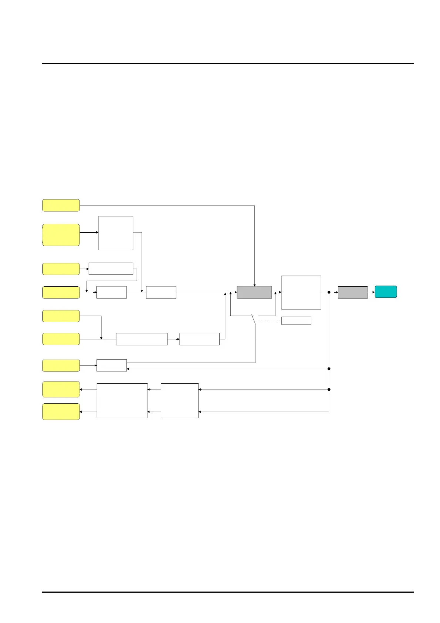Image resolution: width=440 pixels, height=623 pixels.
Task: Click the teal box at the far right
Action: (x=386, y=292)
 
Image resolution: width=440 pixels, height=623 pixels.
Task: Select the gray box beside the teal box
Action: (x=352, y=292)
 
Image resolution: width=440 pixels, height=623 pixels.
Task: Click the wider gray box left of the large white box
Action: (x=254, y=292)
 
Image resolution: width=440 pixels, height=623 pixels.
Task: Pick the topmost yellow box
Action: (x=61, y=205)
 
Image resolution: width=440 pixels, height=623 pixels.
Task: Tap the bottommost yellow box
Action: (x=61, y=412)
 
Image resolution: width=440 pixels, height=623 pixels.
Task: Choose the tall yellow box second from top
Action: (x=61, y=235)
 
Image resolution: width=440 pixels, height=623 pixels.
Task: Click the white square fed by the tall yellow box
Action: (x=115, y=233)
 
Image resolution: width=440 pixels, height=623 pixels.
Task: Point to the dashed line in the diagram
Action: (x=268, y=321)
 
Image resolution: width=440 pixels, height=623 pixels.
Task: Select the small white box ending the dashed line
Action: (x=296, y=321)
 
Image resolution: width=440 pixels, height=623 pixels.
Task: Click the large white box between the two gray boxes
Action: (x=301, y=292)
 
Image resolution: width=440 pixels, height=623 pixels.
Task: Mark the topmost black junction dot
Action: (x=329, y=292)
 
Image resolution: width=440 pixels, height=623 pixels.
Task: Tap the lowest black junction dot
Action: (x=329, y=390)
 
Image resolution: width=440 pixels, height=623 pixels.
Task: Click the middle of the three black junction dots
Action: (x=329, y=369)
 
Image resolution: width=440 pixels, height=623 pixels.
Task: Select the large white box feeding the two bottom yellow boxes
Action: (x=122, y=401)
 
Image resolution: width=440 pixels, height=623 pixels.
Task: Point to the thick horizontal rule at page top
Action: (x=227, y=63)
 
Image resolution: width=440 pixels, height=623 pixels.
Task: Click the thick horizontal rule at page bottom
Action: (x=227, y=592)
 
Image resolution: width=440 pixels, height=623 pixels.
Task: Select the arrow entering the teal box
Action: (x=372, y=292)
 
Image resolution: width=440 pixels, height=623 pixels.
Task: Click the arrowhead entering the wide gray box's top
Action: (x=254, y=285)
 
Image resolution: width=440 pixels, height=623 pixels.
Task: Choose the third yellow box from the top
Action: (x=61, y=269)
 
